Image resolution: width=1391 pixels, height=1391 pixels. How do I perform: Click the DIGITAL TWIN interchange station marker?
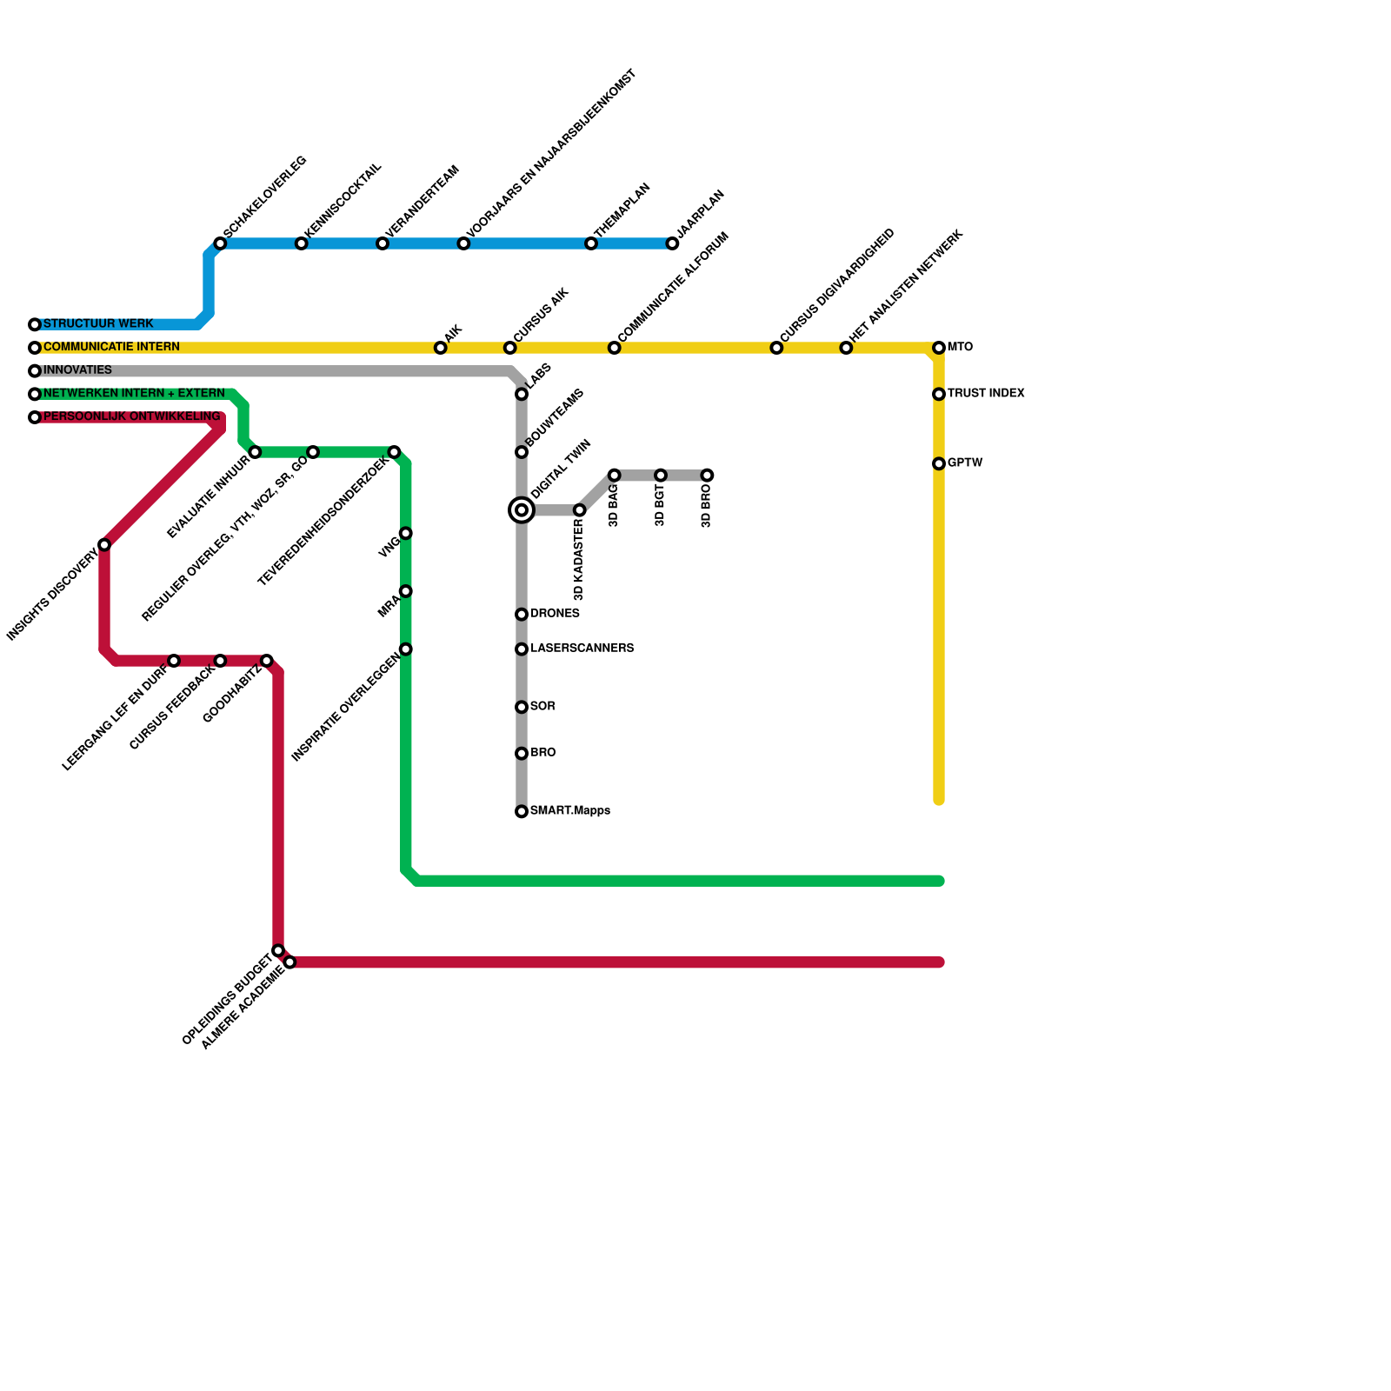pyautogui.click(x=522, y=510)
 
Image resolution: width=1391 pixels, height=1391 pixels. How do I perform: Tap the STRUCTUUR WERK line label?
pyautogui.click(x=97, y=324)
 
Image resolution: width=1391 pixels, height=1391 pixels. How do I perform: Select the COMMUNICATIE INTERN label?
pyautogui.click(x=111, y=348)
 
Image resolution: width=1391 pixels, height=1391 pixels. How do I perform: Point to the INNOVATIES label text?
pyautogui.click(x=77, y=370)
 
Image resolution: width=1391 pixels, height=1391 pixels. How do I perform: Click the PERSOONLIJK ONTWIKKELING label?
pyautogui.click(x=131, y=417)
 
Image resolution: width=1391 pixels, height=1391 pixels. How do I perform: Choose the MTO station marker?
pyautogui.click(x=939, y=348)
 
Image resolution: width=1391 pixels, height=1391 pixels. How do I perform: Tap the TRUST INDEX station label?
pyautogui.click(x=986, y=394)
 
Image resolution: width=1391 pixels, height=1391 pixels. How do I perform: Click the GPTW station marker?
pyautogui.click(x=939, y=464)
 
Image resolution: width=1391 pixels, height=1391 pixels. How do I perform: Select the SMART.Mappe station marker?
pyautogui.click(x=522, y=812)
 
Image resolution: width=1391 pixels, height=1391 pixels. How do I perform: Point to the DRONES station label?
pyautogui.click(x=555, y=614)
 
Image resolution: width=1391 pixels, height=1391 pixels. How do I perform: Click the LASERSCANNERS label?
pyautogui.click(x=582, y=649)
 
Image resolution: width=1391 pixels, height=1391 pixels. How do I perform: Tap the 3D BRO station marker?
pyautogui.click(x=707, y=476)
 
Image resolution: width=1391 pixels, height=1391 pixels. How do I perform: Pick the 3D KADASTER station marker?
pyautogui.click(x=580, y=510)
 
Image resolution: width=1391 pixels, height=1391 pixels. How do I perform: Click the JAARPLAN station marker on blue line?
pyautogui.click(x=672, y=243)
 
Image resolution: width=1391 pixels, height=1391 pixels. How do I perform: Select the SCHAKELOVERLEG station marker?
pyautogui.click(x=220, y=243)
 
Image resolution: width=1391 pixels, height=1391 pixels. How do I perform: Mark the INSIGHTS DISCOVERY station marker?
pyautogui.click(x=104, y=545)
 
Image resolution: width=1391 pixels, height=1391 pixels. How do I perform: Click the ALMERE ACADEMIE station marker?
pyautogui.click(x=290, y=962)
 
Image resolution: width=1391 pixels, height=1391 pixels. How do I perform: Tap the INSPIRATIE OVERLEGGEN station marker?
pyautogui.click(x=406, y=649)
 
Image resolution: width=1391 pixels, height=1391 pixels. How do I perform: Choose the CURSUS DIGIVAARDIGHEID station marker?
pyautogui.click(x=776, y=348)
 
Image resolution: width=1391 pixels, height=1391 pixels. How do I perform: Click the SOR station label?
pyautogui.click(x=542, y=707)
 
